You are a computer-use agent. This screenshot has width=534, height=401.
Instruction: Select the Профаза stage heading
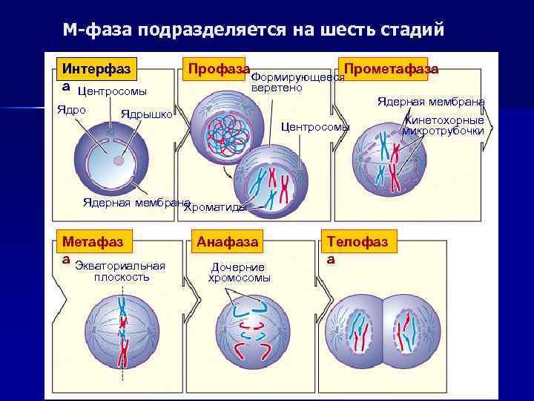pos(218,69)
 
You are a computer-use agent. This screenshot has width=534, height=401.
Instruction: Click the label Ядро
pos(72,109)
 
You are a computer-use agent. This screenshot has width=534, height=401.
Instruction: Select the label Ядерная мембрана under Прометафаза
pos(430,101)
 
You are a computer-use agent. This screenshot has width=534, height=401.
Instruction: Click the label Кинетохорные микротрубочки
pos(443,125)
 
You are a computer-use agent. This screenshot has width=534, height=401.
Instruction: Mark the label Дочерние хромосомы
pos(239,273)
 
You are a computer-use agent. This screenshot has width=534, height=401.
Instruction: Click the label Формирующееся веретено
pos(297,82)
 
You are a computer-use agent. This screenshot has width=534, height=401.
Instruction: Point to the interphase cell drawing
pos(112,158)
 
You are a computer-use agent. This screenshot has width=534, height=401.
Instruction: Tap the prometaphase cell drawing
pos(392,160)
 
